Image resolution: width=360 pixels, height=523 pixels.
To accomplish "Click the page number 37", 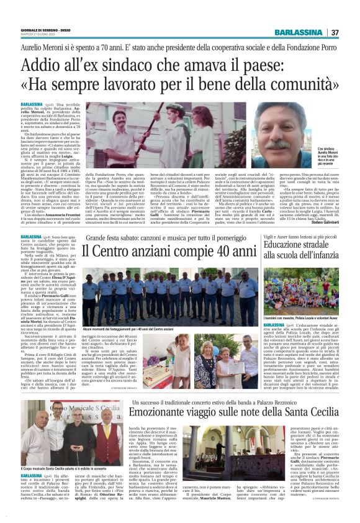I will point(335,32).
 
